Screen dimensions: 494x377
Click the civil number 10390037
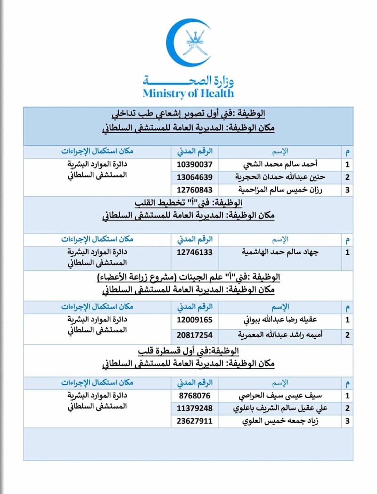pyautogui.click(x=195, y=165)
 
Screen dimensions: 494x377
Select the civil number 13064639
pyautogui.click(x=195, y=177)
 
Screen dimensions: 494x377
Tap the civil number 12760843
pyautogui.click(x=195, y=190)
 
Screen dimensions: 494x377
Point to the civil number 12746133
pyautogui.click(x=195, y=252)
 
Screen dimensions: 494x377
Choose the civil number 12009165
pyautogui.click(x=195, y=320)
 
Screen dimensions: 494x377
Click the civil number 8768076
pyautogui.click(x=195, y=395)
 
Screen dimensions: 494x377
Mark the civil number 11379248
pyautogui.click(x=195, y=408)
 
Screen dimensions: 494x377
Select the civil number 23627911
pyautogui.click(x=195, y=420)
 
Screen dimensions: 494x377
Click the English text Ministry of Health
pyautogui.click(x=188, y=93)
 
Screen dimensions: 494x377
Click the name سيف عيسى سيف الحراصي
pyautogui.click(x=286, y=395)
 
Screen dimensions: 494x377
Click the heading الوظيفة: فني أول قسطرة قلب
pyautogui.click(x=188, y=352)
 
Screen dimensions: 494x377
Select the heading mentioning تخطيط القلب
pyautogui.click(x=188, y=203)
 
